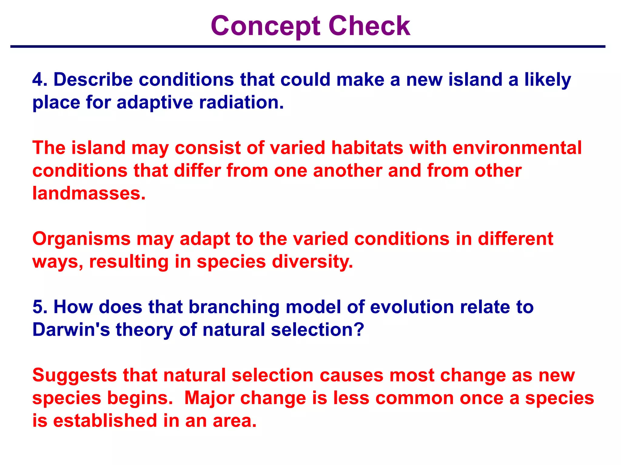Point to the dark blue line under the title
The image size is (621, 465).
point(307,47)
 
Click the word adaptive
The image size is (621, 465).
point(155,103)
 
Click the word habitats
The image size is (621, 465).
point(367,148)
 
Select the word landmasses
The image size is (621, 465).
point(89,193)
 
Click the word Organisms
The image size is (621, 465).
point(81,239)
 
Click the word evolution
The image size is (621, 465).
point(412,307)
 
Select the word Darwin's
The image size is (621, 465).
point(71,330)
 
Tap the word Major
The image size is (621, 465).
point(209,398)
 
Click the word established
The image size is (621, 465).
point(105,421)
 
